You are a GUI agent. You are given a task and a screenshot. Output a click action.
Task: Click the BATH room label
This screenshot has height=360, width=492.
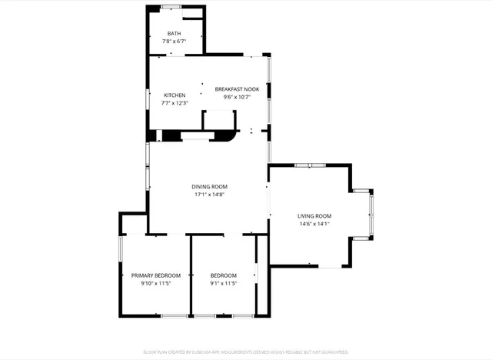(174, 33)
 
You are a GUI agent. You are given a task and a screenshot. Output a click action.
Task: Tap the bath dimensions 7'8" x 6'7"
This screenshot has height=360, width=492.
(174, 42)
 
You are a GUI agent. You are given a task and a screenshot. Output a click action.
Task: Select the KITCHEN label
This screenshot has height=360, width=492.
(174, 95)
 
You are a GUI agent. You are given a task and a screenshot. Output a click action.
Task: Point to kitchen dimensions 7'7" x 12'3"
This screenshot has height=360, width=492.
(174, 103)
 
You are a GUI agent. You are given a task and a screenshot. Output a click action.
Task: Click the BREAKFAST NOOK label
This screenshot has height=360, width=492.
(237, 89)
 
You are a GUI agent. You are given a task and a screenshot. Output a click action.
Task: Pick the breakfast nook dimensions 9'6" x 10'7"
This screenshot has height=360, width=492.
(237, 98)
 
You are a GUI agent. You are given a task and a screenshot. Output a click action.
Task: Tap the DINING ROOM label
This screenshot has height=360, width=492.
(209, 186)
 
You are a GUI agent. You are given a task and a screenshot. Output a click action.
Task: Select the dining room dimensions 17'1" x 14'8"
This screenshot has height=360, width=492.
(209, 195)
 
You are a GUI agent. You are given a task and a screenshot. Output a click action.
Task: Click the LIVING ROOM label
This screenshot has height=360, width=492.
(314, 215)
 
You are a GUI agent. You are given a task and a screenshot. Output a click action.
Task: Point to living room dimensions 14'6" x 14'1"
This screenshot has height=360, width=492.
(314, 224)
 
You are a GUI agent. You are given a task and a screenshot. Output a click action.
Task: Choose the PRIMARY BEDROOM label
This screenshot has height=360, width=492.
(155, 275)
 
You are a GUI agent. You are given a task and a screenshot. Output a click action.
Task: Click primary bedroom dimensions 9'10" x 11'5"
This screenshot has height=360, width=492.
(155, 284)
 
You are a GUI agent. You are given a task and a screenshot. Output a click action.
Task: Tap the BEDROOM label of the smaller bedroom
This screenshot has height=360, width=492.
(224, 275)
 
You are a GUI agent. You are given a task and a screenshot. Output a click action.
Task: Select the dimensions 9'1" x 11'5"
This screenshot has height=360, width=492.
(224, 284)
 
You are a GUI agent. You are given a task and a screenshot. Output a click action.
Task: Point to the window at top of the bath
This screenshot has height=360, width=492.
(171, 7)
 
